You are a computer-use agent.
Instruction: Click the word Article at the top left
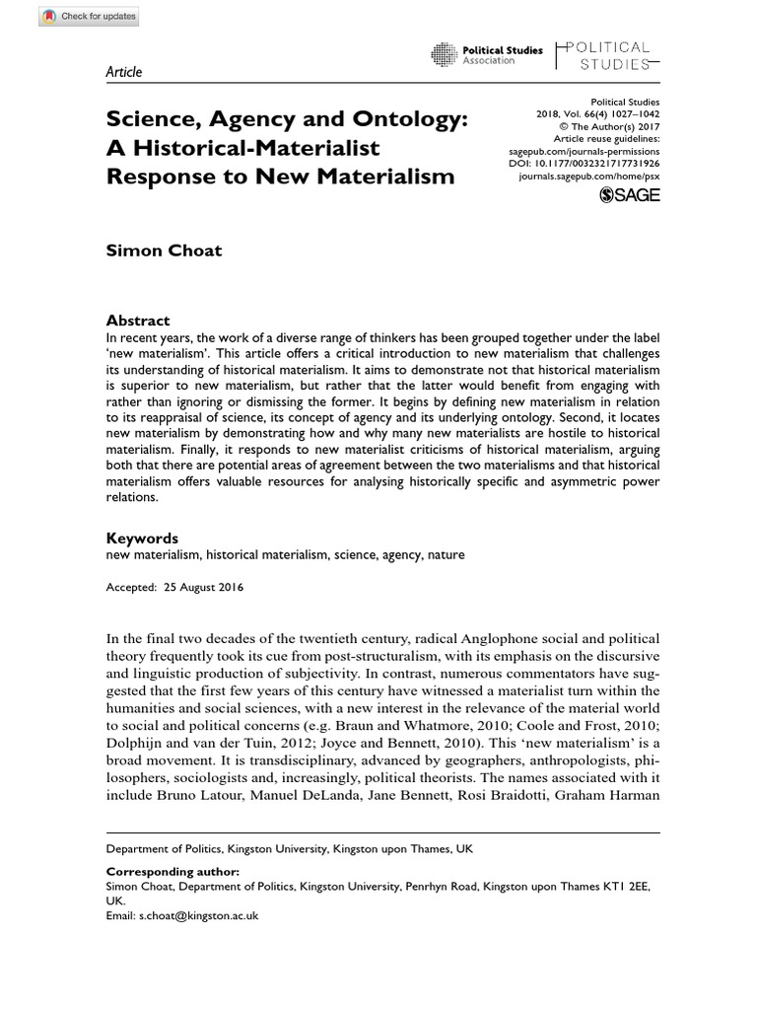pos(123,72)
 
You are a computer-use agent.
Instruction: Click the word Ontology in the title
pos(383,120)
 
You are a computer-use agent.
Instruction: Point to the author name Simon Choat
pos(164,250)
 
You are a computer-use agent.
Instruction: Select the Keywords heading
pos(141,539)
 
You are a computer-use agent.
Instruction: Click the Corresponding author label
pos(172,872)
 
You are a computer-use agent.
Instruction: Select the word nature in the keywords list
pos(446,555)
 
